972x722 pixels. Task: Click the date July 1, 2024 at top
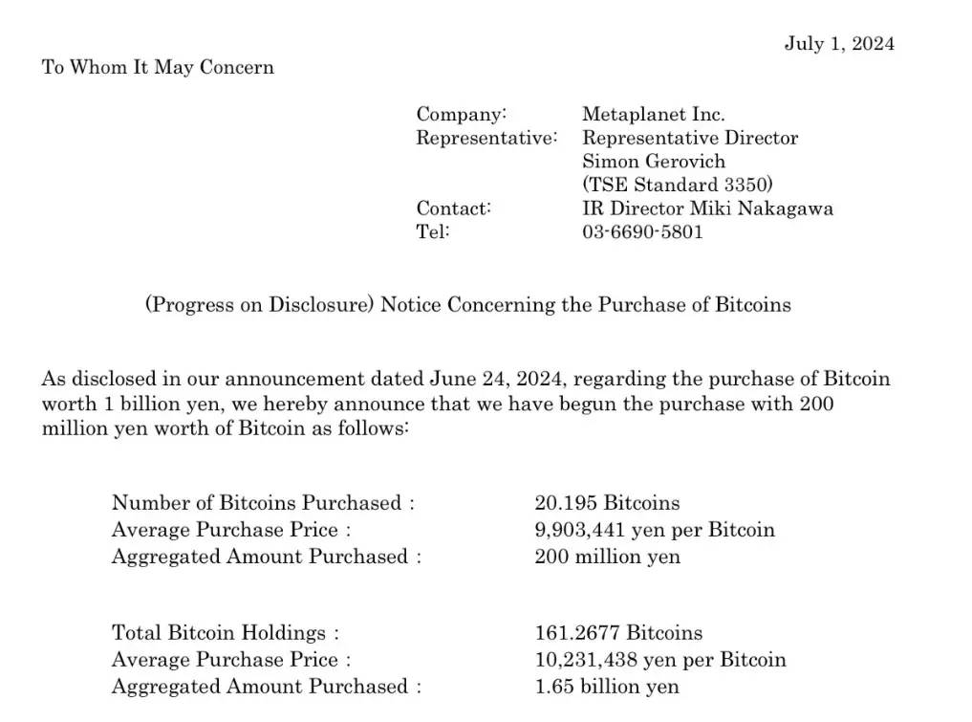[x=839, y=43]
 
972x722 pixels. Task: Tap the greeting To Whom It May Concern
[x=158, y=67]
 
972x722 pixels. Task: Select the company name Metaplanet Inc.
[x=653, y=115]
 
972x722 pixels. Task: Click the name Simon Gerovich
[x=654, y=161]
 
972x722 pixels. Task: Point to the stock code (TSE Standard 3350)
[x=677, y=184]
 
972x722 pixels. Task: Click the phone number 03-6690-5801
[x=642, y=230]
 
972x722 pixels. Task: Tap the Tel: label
[x=432, y=230]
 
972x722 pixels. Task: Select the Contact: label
[x=453, y=208]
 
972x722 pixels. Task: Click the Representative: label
[x=486, y=138]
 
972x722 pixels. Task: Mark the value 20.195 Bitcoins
[x=607, y=502]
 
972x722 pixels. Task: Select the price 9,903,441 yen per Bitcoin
[x=654, y=529]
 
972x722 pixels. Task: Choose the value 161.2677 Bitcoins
[x=617, y=632]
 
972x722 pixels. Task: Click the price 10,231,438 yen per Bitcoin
[x=659, y=659]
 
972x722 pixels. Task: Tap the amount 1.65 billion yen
[x=607, y=686]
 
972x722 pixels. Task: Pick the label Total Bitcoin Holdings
[x=219, y=632]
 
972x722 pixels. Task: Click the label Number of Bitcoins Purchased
[x=257, y=502]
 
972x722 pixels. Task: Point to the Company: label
[x=461, y=115]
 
